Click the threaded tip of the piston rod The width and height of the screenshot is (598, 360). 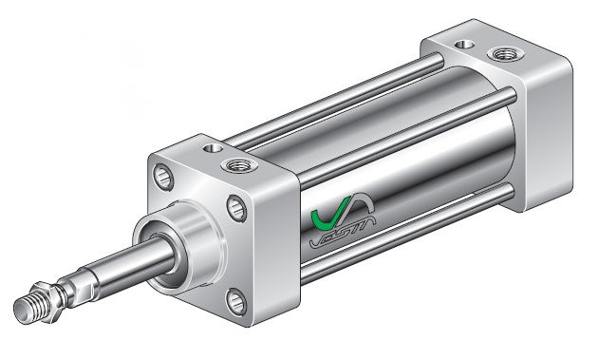[33, 306]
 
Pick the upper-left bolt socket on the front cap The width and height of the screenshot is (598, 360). [161, 179]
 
